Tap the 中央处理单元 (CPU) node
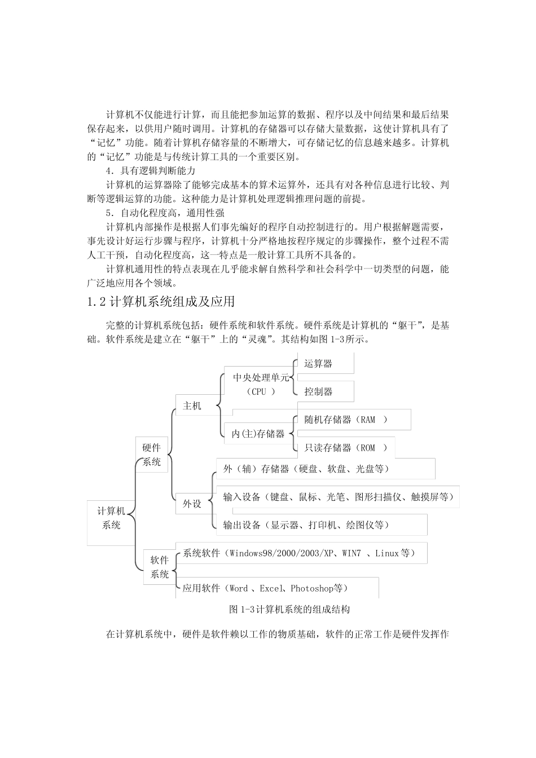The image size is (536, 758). tap(261, 384)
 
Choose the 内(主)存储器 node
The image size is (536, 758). tap(258, 434)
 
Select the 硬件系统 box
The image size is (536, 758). tap(152, 455)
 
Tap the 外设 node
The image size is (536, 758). tap(192, 504)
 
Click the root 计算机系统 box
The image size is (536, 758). tap(111, 518)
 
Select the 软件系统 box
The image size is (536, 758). tap(160, 567)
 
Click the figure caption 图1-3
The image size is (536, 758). tap(290, 610)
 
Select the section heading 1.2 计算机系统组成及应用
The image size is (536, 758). tap(161, 302)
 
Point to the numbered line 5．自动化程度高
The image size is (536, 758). tap(165, 213)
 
